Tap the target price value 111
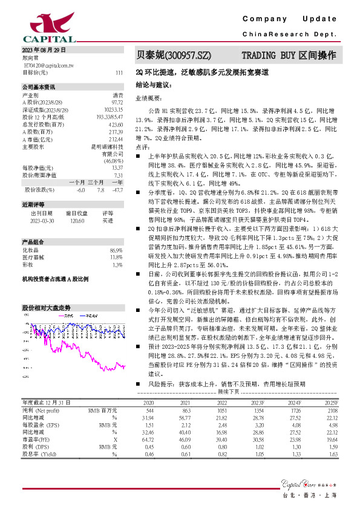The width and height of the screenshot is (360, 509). click(x=119, y=72)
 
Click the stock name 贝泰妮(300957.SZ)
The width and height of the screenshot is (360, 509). click(x=173, y=56)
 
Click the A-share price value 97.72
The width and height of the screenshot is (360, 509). click(x=117, y=102)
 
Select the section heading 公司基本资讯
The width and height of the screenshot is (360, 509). click(x=39, y=87)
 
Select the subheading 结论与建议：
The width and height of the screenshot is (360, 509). click(x=154, y=85)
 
